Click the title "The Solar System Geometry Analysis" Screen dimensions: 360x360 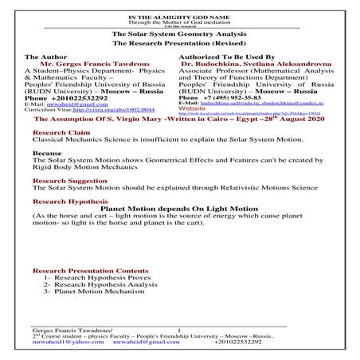(179, 36)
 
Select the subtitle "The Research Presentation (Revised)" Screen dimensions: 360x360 (179, 45)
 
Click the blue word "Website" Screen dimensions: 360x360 (194, 109)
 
